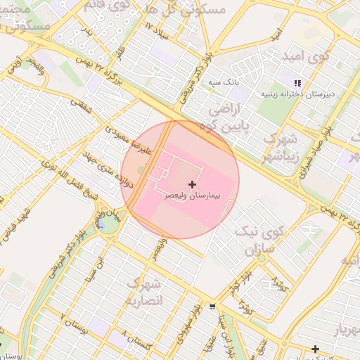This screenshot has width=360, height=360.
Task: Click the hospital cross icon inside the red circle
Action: [x=193, y=184]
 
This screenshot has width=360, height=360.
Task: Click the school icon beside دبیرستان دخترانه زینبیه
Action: [x=297, y=82]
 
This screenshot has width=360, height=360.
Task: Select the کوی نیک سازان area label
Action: [x=264, y=239]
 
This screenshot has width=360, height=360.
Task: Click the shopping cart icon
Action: [x=212, y=307]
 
